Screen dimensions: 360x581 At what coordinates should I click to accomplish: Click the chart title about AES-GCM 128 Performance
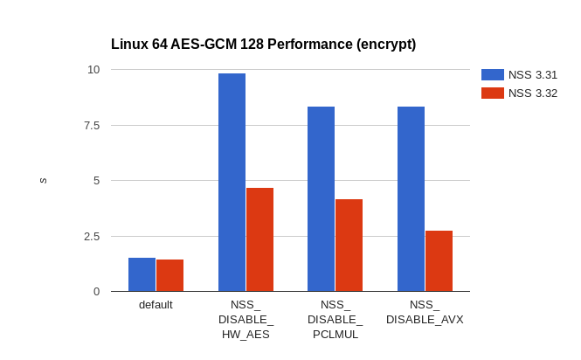(x=263, y=45)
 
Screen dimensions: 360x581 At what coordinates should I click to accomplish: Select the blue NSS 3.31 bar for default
(x=142, y=274)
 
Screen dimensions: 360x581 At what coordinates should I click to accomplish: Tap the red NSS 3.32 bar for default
(x=169, y=275)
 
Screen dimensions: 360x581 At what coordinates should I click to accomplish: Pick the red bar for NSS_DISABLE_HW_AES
(x=259, y=239)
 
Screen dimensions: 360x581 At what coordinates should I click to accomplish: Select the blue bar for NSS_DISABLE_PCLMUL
(x=321, y=198)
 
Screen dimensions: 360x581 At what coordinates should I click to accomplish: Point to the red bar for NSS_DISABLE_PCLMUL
(x=349, y=245)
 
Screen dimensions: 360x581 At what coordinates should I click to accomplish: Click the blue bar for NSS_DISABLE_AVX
(x=411, y=198)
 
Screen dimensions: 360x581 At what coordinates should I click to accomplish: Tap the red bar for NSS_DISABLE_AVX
(x=439, y=260)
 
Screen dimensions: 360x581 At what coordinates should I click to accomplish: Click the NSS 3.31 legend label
(x=532, y=75)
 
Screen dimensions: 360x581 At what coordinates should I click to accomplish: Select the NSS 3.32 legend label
(x=532, y=93)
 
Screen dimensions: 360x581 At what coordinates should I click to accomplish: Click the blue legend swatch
(x=492, y=75)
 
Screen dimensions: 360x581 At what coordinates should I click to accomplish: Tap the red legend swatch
(x=492, y=93)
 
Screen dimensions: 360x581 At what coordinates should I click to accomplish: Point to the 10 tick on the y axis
(x=93, y=70)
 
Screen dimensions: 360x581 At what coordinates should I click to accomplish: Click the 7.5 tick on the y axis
(x=91, y=125)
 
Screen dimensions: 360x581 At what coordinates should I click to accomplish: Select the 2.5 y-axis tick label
(x=91, y=236)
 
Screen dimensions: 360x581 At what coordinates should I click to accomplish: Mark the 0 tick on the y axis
(x=96, y=291)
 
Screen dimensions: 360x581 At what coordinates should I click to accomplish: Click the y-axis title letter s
(x=44, y=181)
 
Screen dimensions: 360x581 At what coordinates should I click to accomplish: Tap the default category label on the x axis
(x=156, y=305)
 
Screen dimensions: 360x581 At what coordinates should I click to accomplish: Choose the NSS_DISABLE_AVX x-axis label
(x=425, y=312)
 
